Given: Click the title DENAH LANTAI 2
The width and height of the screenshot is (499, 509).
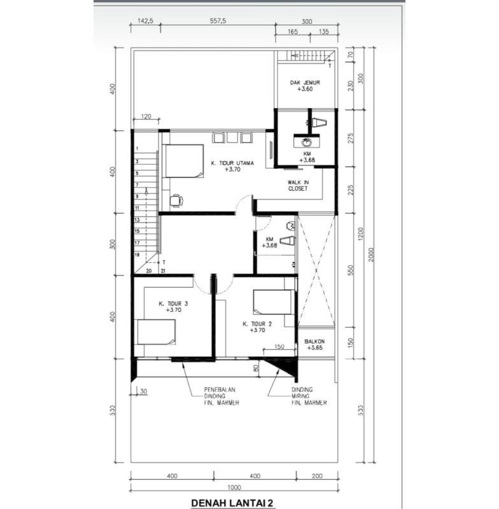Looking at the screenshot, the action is [232, 503].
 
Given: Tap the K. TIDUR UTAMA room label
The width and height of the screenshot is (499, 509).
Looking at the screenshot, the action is [232, 164].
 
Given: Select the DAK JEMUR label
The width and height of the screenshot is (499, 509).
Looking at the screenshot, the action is [305, 83].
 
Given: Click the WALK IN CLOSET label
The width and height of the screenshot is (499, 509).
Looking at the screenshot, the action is [298, 185].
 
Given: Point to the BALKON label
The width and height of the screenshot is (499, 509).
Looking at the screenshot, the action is [314, 342].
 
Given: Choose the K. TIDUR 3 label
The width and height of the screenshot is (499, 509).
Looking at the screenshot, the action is [173, 304].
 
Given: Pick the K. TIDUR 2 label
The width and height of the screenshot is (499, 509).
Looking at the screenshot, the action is [257, 324].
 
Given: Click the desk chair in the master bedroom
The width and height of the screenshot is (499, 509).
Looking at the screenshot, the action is [176, 200].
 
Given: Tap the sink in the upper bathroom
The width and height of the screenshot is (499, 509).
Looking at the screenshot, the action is [307, 142].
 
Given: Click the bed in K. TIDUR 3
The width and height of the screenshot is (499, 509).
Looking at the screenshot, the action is [156, 331].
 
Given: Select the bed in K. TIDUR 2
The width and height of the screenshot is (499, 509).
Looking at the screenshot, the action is [274, 302].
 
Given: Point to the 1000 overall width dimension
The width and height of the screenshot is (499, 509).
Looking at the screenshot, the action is [234, 487].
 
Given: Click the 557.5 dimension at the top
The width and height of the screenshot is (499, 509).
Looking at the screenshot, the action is [218, 21].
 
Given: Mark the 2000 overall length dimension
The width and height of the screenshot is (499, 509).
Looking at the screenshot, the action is [372, 255].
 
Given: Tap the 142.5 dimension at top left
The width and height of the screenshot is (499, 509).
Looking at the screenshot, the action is [145, 21].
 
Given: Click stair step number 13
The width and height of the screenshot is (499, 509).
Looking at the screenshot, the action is [137, 220].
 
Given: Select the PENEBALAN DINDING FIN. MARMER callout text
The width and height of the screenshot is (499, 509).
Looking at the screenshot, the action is [221, 396].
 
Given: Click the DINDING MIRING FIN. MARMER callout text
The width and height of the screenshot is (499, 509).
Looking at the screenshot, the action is [309, 396].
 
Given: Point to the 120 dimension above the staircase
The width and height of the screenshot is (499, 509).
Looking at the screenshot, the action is [146, 116].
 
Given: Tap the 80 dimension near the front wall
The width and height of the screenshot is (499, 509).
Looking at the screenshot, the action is [256, 368].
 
